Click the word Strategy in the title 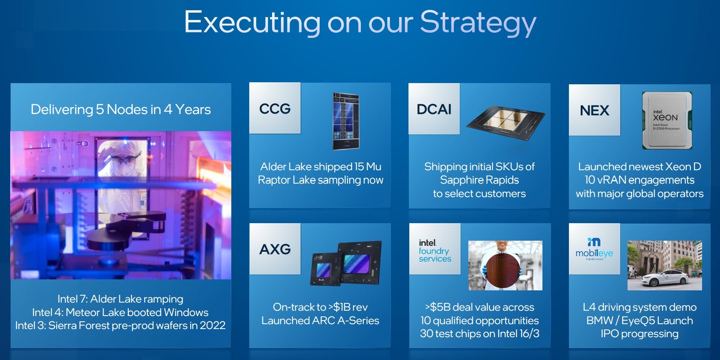(478, 23)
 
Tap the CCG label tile (275, 108)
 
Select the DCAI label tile (434, 109)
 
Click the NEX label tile (595, 110)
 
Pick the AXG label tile (275, 249)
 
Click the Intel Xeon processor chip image (667, 120)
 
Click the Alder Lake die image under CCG (346, 121)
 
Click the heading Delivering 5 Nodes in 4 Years (121, 109)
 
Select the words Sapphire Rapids (479, 180)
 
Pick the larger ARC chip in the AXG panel (360, 262)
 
